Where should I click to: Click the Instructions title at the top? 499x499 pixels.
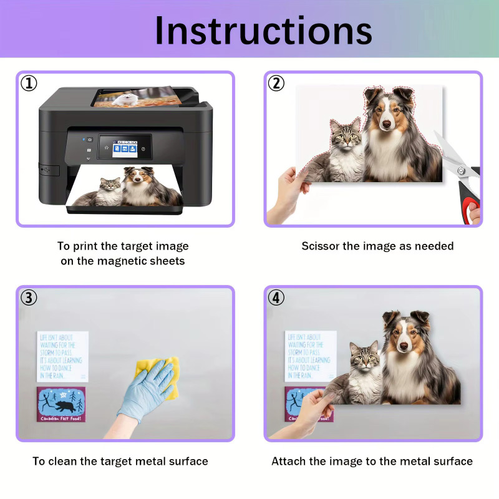263,30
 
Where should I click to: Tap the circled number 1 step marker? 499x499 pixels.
29,83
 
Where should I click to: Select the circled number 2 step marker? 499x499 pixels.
276,83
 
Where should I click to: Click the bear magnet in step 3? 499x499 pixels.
61,405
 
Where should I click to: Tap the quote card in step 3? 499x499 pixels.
62,356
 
